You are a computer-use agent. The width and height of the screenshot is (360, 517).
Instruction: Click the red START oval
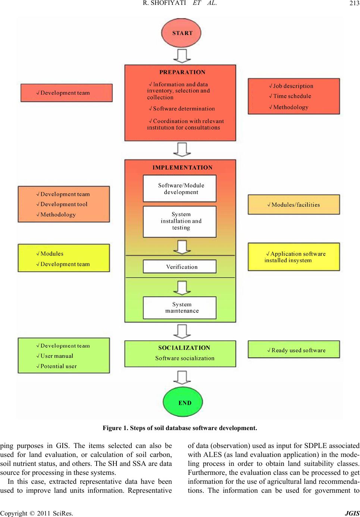181,33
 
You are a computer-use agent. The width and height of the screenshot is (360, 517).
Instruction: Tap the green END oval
183,402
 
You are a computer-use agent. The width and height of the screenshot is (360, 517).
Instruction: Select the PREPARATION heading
182,72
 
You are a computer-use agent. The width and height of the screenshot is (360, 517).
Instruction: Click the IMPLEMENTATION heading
182,167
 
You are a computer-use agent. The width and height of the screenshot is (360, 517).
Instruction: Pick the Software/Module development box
180,189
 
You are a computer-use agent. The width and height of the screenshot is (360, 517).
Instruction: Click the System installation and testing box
180,222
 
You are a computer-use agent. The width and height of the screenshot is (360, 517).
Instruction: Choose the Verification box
180,267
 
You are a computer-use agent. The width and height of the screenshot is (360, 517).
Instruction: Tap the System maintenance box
180,308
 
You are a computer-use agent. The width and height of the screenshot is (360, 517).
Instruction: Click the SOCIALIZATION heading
184,348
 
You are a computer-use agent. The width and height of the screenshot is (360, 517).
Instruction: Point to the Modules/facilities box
294,204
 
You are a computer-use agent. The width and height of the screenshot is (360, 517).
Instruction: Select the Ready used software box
294,349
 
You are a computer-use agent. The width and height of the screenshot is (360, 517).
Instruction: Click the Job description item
291,86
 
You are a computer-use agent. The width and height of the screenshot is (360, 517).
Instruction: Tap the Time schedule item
290,96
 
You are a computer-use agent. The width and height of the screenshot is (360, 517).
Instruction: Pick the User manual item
55,356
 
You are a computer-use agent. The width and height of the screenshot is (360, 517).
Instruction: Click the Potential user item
57,366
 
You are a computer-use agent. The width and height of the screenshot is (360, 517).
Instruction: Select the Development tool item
62,204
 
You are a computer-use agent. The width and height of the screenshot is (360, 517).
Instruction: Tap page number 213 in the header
354,3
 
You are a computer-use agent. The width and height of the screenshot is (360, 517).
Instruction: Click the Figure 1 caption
180,428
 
